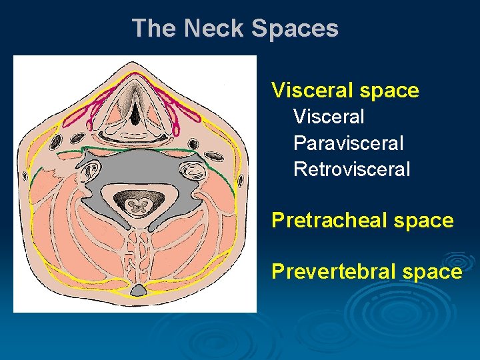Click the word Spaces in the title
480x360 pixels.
295,29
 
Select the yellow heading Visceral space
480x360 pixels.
345,90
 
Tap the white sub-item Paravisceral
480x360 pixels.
349,143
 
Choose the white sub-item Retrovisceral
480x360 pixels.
352,169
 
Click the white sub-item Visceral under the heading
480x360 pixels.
329,117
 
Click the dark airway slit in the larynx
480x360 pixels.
135,113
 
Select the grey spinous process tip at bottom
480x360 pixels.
139,290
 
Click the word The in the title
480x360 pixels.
155,29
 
